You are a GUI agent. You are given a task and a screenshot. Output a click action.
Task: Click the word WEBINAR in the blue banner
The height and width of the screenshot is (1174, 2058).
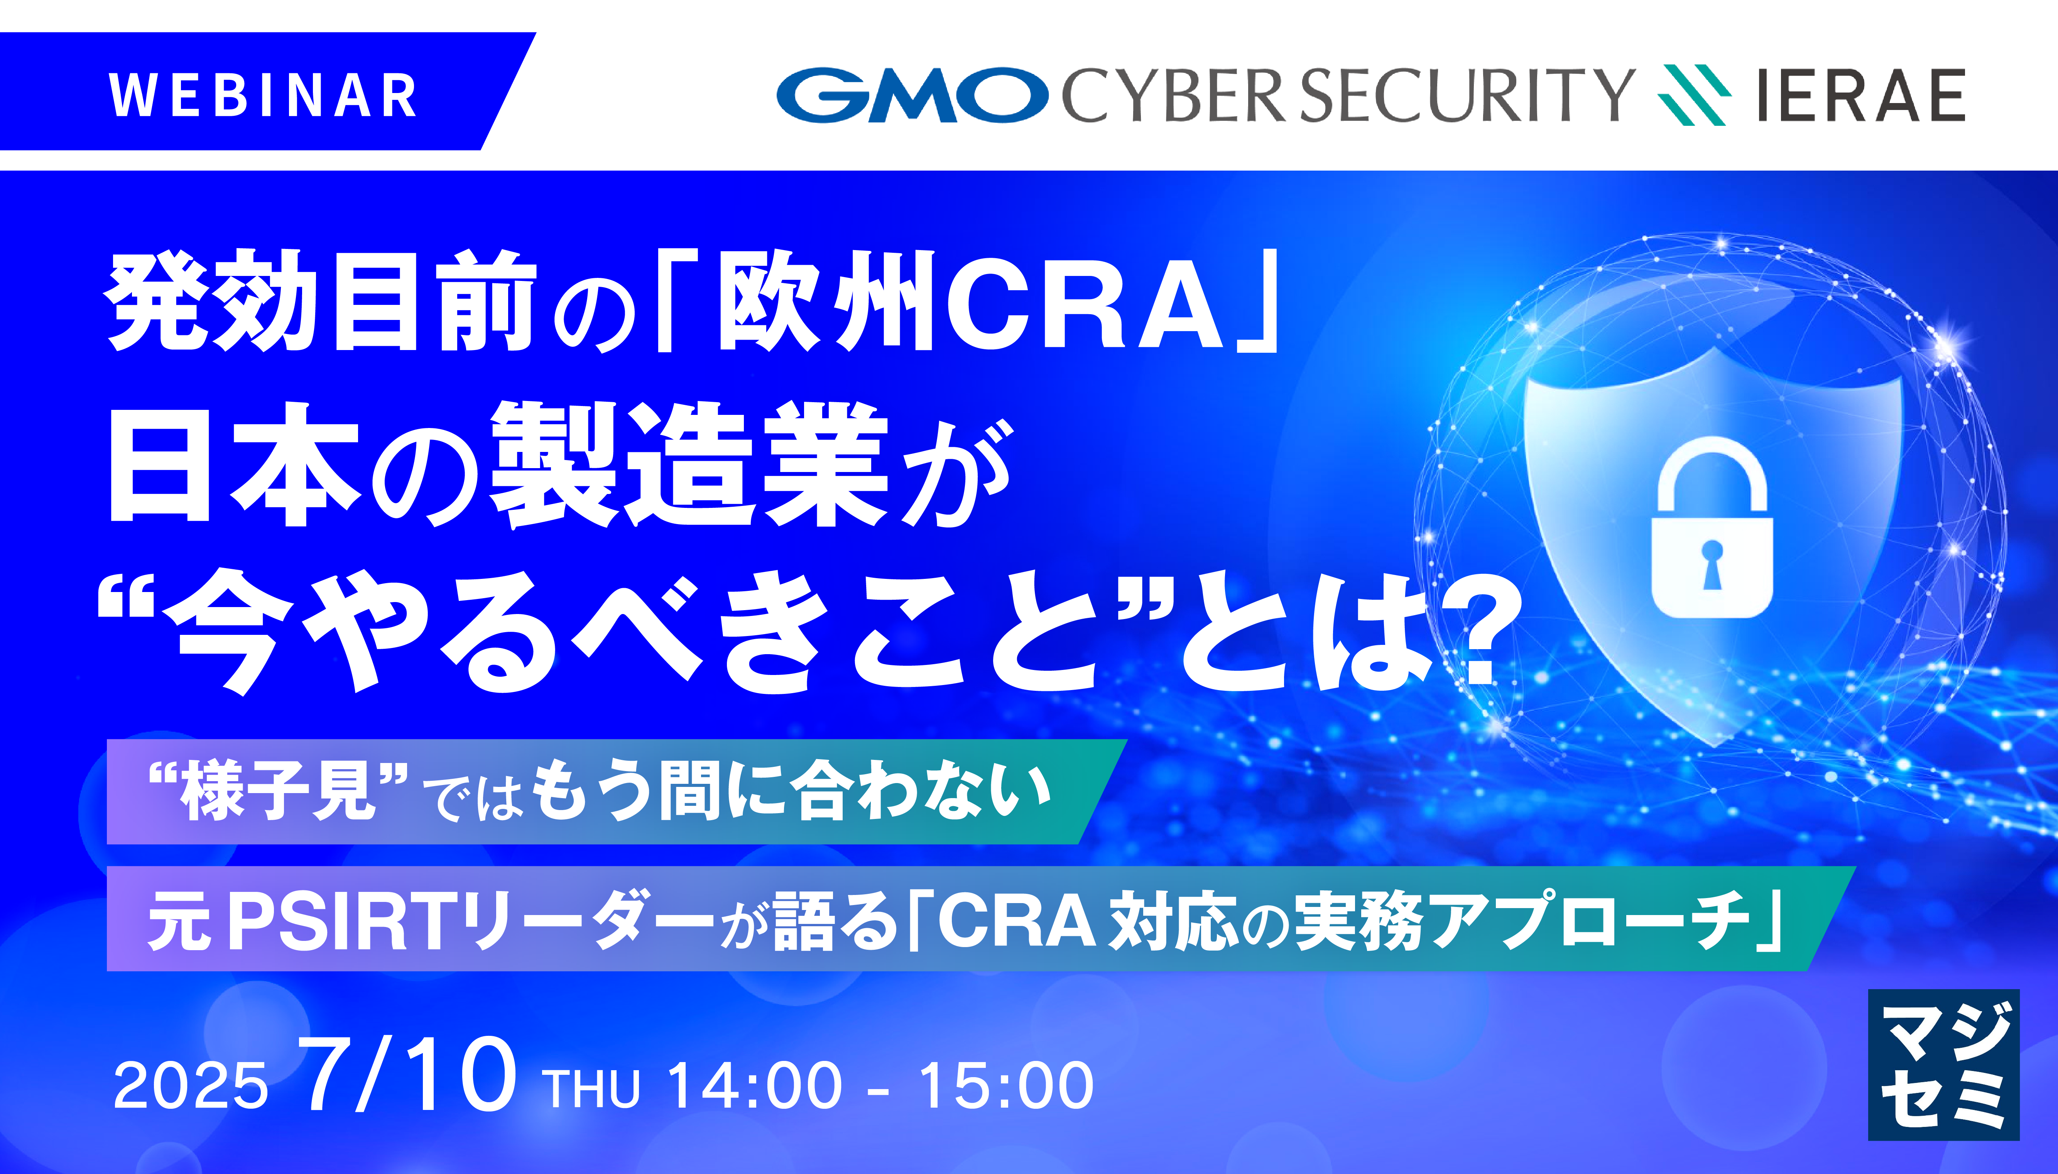263,95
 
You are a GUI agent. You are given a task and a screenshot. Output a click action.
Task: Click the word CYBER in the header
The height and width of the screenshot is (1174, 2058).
1173,95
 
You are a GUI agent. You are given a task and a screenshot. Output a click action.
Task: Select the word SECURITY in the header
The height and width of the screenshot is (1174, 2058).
1467,95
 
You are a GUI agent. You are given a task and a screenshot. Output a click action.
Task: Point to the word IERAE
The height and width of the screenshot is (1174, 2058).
1860,95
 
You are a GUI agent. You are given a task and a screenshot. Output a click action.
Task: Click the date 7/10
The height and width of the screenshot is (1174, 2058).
407,1076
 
